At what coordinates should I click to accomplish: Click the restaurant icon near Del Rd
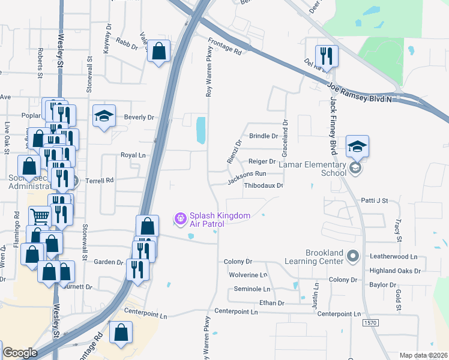(327, 56)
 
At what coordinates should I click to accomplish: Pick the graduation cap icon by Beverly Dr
(104, 117)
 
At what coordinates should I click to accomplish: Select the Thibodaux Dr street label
(263, 185)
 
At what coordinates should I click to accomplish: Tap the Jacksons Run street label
(247, 174)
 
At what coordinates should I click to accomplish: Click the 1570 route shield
(371, 323)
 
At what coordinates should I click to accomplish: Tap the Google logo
(20, 353)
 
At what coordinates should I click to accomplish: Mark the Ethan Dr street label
(272, 304)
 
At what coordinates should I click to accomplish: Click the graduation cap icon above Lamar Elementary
(357, 146)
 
